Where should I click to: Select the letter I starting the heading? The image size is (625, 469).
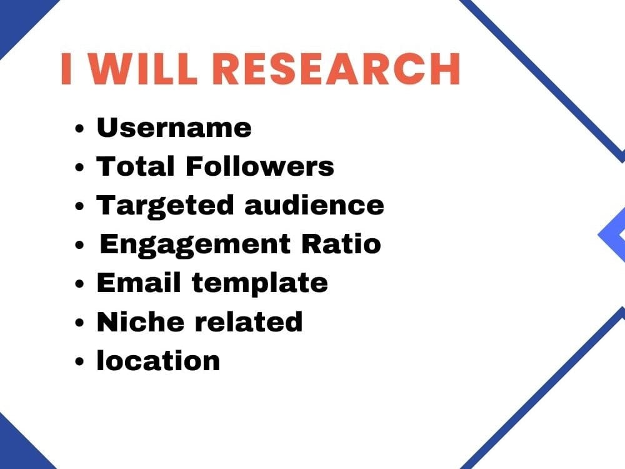[x=66, y=69]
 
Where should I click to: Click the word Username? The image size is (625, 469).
[x=174, y=128]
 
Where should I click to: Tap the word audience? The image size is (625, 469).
[x=314, y=206]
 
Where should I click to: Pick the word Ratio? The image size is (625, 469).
[x=341, y=244]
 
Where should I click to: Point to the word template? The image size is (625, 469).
[x=259, y=283]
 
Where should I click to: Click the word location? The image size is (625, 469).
[x=158, y=360]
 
